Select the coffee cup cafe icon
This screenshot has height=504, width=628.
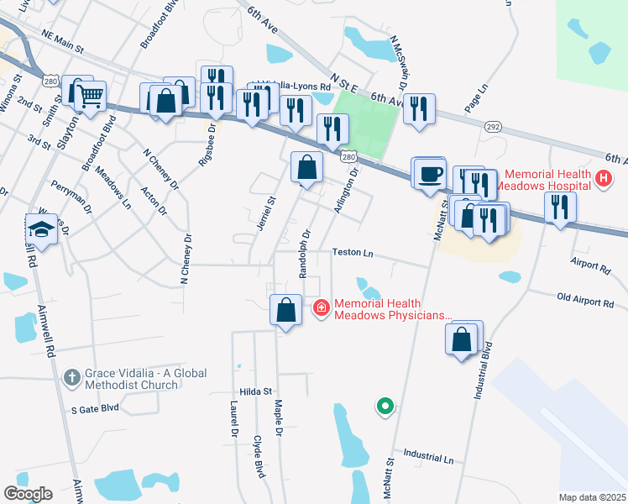(x=430, y=172)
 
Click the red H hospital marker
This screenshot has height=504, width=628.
(x=603, y=178)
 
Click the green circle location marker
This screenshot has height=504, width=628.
(x=385, y=407)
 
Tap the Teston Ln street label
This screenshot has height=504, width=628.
(x=352, y=252)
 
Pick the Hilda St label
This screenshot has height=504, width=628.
(x=256, y=391)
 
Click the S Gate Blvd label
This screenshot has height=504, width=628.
(x=95, y=409)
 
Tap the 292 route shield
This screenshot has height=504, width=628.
(x=493, y=126)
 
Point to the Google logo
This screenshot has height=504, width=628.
(x=28, y=494)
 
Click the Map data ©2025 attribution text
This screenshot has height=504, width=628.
(x=591, y=497)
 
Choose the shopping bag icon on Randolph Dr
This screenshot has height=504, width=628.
(x=306, y=166)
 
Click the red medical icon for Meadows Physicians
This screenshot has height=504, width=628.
(x=321, y=309)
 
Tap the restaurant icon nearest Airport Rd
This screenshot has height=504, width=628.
(x=560, y=207)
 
